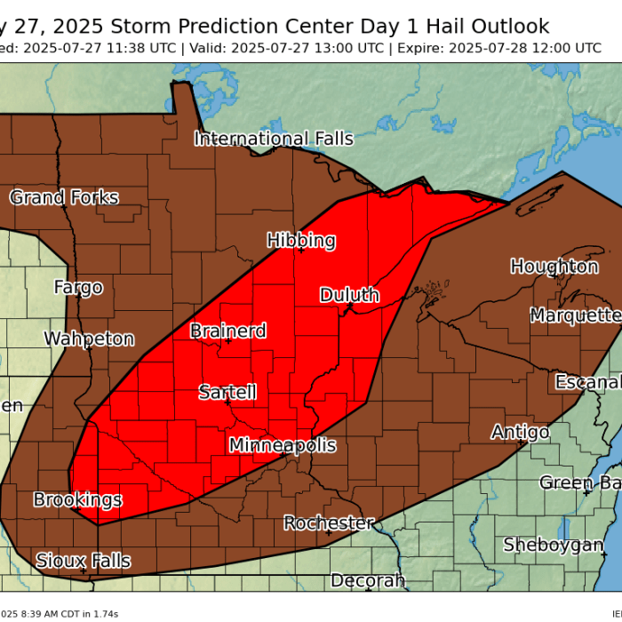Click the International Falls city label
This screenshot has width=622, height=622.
(274, 139)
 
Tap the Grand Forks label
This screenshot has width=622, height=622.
(64, 197)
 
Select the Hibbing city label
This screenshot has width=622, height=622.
(301, 240)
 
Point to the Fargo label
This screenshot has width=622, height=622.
(78, 287)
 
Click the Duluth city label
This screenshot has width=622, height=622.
(349, 295)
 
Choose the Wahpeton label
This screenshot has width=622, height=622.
(89, 339)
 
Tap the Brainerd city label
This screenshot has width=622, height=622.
(227, 331)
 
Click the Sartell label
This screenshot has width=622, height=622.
(227, 392)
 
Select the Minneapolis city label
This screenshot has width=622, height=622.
(283, 445)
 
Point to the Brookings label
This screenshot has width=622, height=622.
(77, 499)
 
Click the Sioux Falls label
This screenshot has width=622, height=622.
(83, 561)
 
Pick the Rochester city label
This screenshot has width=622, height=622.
(329, 523)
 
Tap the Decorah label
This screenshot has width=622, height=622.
(368, 581)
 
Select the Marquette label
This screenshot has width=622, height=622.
(575, 315)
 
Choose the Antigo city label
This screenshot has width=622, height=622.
(520, 432)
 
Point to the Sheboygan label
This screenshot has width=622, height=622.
(554, 545)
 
